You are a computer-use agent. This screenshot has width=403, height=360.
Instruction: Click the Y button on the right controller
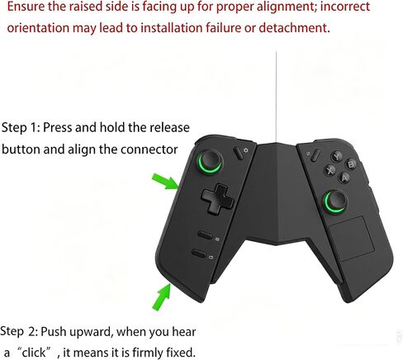tap(336, 157)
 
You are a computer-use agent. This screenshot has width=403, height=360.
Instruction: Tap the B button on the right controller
tap(350, 164)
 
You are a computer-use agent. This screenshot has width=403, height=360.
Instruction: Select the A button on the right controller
tap(344, 178)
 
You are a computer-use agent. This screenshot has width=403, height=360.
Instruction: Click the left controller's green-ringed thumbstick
tap(211, 161)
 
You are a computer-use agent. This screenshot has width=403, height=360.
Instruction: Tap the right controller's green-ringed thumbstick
tap(335, 201)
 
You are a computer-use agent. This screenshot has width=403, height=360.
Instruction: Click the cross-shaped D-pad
tap(218, 199)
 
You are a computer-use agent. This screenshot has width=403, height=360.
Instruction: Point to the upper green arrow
tap(166, 182)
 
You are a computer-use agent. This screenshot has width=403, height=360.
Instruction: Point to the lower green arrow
tap(162, 297)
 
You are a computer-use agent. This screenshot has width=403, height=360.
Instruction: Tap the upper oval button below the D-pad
tap(205, 235)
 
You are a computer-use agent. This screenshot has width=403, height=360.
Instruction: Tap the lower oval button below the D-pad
tap(199, 253)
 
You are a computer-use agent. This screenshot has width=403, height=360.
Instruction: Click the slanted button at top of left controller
tap(239, 153)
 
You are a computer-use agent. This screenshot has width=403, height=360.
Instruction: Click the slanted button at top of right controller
tap(315, 155)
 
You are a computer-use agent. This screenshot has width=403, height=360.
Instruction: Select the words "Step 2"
tap(19, 331)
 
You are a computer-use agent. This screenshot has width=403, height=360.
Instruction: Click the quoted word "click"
tap(34, 353)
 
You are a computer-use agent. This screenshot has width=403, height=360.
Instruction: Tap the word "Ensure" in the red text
tap(26, 7)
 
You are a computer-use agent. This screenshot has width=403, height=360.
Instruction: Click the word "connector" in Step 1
tap(149, 149)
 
